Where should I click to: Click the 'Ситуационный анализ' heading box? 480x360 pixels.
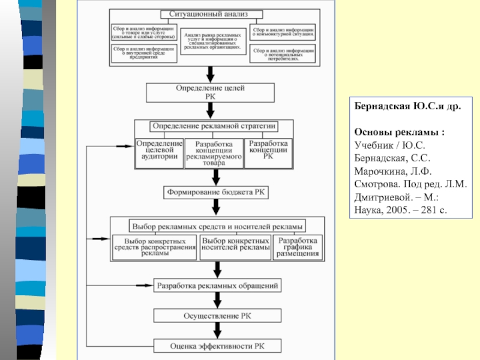(x=212, y=14)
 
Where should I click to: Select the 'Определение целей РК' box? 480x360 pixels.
(x=210, y=91)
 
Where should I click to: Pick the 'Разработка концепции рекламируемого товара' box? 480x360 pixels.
(x=214, y=152)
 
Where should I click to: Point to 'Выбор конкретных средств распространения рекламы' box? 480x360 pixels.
(x=155, y=246)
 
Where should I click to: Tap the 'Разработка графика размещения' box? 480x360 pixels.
(x=297, y=246)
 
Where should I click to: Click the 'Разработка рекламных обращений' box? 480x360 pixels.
(x=217, y=286)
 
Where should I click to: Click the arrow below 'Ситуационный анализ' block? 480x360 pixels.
(x=211, y=73)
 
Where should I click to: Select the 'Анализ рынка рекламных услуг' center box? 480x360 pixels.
(x=214, y=40)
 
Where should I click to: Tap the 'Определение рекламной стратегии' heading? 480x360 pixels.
(x=214, y=126)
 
